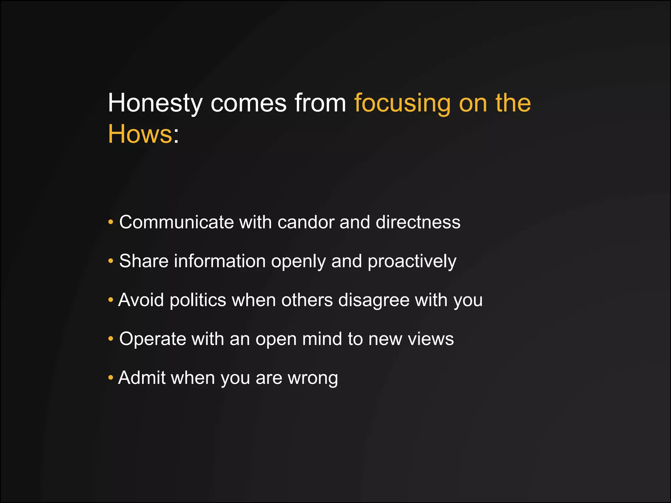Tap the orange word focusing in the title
point(403,103)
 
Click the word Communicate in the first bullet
point(176,222)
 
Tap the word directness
point(418,222)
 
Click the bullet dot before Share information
point(111,261)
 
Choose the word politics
point(198,300)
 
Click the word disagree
point(374,300)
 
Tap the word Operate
point(152,339)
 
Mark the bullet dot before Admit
point(111,378)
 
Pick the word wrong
point(313,378)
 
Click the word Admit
point(142,378)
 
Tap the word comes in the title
point(248,103)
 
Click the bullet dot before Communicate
point(111,222)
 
